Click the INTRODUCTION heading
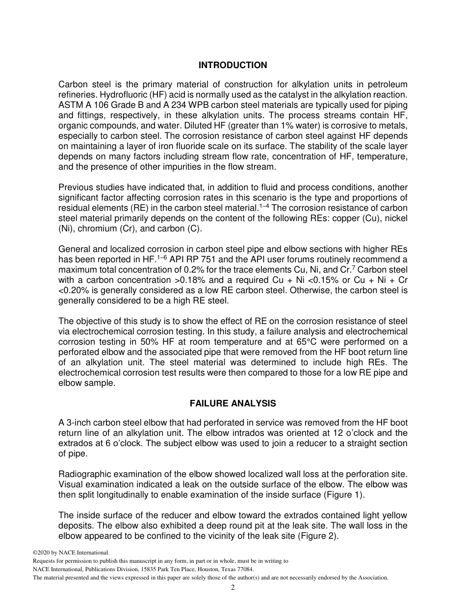pos(233,65)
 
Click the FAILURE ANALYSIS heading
pos(233,403)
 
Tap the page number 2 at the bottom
pos(233,588)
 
